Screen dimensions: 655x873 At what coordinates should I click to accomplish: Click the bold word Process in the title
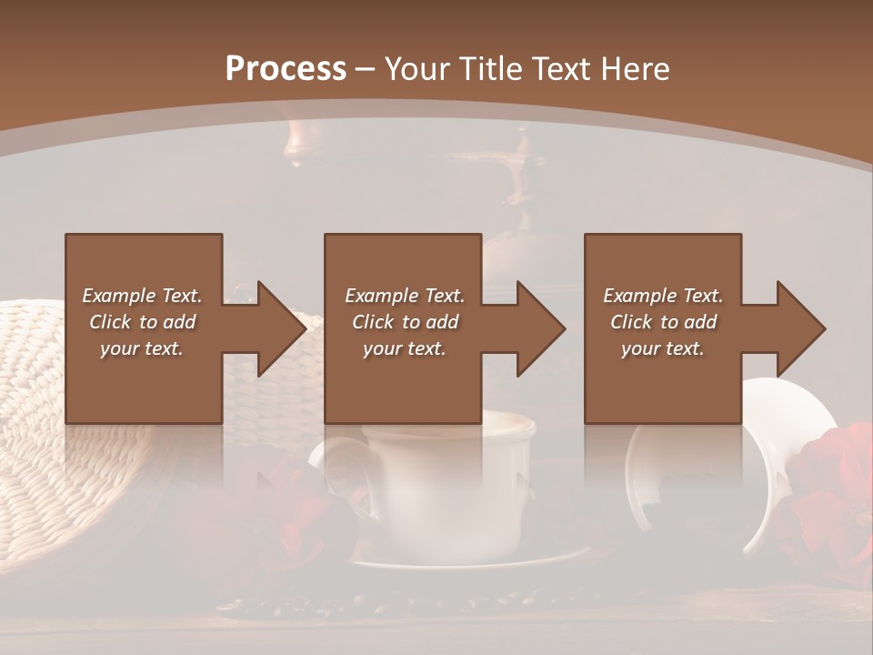pos(286,69)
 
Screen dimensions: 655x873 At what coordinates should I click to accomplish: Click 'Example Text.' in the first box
pos(142,296)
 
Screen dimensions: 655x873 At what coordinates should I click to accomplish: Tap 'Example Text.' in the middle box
pos(404,296)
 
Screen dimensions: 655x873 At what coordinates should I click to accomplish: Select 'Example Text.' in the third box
pos(663,296)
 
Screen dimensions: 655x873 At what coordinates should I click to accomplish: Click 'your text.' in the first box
pos(142,348)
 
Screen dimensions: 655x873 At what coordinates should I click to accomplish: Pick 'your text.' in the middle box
pos(404,348)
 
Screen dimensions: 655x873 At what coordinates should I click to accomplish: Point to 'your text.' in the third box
pos(663,348)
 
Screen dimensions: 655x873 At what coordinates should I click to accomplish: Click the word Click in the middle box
pos(371,322)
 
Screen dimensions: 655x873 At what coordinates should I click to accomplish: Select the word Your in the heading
pos(417,69)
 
